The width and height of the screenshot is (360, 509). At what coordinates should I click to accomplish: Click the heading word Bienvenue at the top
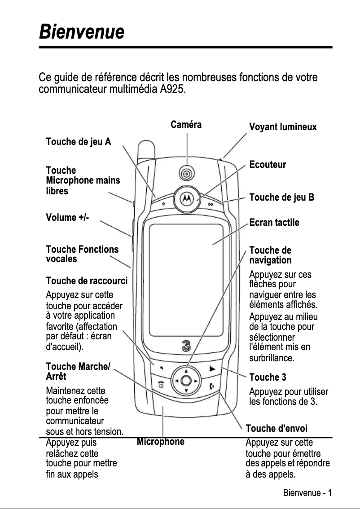[x=81, y=32]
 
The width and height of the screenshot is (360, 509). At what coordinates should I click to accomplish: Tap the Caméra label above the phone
[x=186, y=125]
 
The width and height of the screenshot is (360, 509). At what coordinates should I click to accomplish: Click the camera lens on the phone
[x=186, y=172]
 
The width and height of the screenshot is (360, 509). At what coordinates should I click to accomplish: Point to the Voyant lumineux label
[x=283, y=127]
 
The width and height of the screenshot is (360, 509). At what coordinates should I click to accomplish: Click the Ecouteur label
[x=268, y=165]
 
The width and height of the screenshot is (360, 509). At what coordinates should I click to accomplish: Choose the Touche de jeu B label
[x=281, y=197]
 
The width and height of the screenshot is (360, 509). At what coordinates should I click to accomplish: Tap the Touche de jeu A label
[x=79, y=142]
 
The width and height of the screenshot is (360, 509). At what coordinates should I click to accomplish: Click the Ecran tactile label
[x=274, y=223]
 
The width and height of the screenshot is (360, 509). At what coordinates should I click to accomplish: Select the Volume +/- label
[x=67, y=218]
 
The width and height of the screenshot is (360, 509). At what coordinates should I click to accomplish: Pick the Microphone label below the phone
[x=161, y=442]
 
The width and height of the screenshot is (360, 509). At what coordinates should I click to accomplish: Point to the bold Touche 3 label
[x=268, y=377]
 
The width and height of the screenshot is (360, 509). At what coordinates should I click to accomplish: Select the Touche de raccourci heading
[x=87, y=281]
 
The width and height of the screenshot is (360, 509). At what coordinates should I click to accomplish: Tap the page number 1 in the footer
[x=330, y=492]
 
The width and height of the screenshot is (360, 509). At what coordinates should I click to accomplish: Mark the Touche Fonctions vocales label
[x=83, y=254]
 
